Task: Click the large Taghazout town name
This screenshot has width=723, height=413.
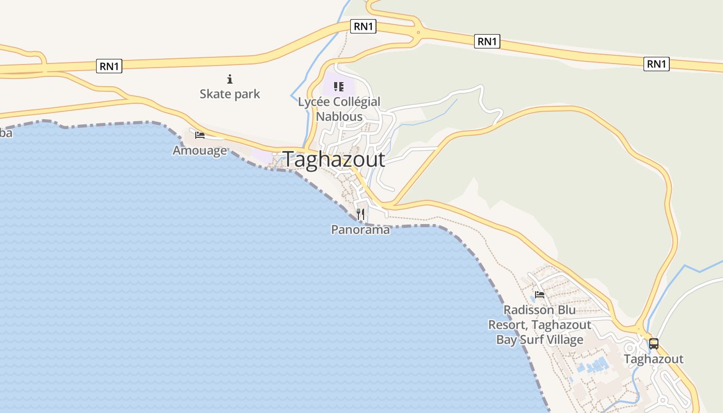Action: click(x=334, y=160)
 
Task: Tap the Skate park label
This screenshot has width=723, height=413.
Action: click(x=230, y=94)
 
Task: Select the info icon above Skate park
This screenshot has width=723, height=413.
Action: click(x=230, y=79)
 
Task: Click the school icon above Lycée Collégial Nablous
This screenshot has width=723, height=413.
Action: click(x=339, y=86)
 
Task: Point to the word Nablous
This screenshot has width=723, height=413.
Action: click(x=339, y=116)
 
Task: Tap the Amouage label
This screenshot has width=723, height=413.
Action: click(x=200, y=150)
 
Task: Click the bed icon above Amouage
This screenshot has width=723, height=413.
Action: click(x=200, y=135)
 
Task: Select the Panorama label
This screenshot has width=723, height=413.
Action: click(x=360, y=230)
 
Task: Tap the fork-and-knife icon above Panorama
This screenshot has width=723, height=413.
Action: click(x=360, y=214)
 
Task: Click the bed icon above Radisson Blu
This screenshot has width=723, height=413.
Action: click(x=540, y=295)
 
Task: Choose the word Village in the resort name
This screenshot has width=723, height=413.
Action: click(x=562, y=340)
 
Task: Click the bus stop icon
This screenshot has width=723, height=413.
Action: click(x=654, y=343)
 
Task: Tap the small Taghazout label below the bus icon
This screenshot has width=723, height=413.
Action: click(x=654, y=359)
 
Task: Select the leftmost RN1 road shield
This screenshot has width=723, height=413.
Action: click(x=109, y=66)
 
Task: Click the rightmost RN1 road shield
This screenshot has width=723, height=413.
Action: click(x=656, y=64)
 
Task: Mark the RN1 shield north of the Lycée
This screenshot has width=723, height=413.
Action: click(x=363, y=26)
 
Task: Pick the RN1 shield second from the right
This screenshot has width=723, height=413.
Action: click(x=487, y=41)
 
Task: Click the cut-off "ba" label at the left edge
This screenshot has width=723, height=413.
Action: click(x=6, y=133)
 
